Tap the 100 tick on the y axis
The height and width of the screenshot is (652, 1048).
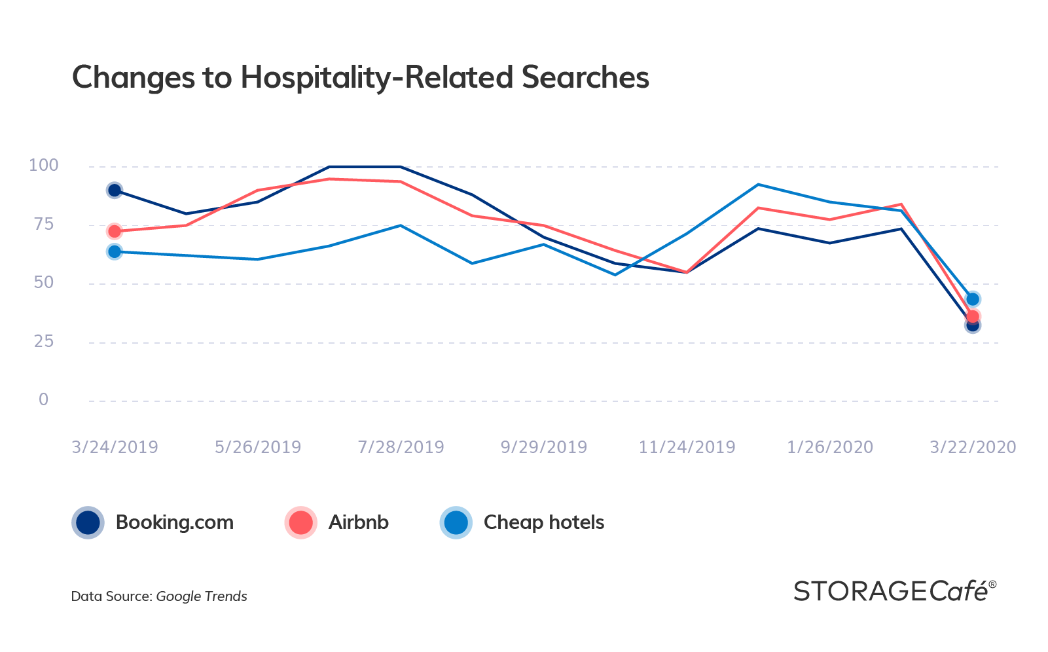click(x=43, y=166)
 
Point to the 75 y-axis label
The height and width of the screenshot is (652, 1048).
click(x=44, y=225)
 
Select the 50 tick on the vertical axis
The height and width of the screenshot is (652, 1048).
click(x=44, y=283)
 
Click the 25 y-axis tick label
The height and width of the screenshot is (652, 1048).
click(x=44, y=341)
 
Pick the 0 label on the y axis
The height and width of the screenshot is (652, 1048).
click(x=44, y=399)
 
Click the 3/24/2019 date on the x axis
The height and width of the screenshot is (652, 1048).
click(x=115, y=447)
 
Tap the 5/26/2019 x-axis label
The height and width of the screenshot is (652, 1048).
click(x=258, y=447)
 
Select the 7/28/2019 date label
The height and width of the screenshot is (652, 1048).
click(x=401, y=447)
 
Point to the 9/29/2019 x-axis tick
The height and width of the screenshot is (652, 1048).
click(x=544, y=447)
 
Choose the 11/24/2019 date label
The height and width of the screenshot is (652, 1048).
click(x=687, y=447)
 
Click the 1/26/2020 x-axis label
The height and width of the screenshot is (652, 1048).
click(x=830, y=447)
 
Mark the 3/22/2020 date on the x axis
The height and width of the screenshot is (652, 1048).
click(x=973, y=447)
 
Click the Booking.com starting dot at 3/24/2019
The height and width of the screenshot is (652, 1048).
click(x=115, y=190)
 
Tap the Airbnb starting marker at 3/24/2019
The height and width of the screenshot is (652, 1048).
click(x=115, y=231)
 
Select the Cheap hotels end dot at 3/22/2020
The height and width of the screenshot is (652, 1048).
click(x=973, y=299)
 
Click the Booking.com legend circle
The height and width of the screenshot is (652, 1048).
click(x=88, y=522)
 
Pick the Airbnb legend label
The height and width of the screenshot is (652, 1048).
click(x=359, y=522)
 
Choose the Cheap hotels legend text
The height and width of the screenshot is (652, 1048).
click(x=544, y=522)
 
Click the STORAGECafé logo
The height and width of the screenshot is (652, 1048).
click(x=895, y=590)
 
